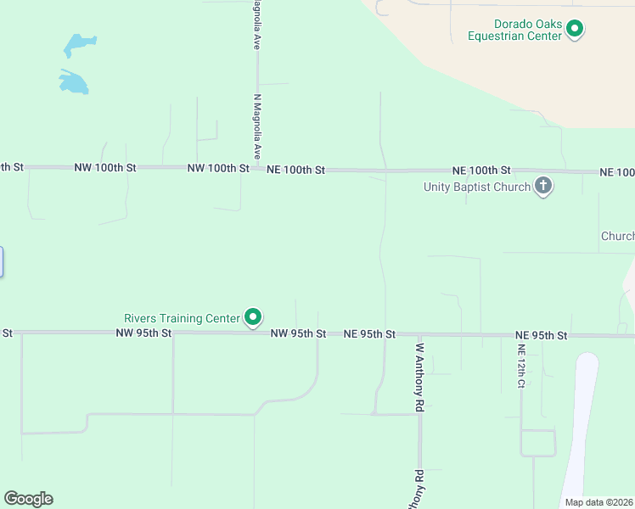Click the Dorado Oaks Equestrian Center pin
(575, 30)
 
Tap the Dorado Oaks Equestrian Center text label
(515, 30)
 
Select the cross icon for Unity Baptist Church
(543, 187)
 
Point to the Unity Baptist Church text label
(476, 187)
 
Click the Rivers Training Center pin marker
(253, 317)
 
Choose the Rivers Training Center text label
(183, 318)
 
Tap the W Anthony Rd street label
(419, 377)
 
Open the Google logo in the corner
(28, 499)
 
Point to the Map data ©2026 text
(598, 502)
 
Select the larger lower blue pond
(74, 81)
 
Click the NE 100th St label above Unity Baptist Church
(481, 171)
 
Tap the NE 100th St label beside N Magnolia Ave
(296, 170)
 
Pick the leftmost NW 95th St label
(143, 333)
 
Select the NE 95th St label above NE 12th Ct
(541, 336)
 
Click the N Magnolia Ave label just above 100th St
(256, 127)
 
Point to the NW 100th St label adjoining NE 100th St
(218, 169)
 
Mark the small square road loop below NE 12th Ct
(537, 443)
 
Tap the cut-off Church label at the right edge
(617, 236)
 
